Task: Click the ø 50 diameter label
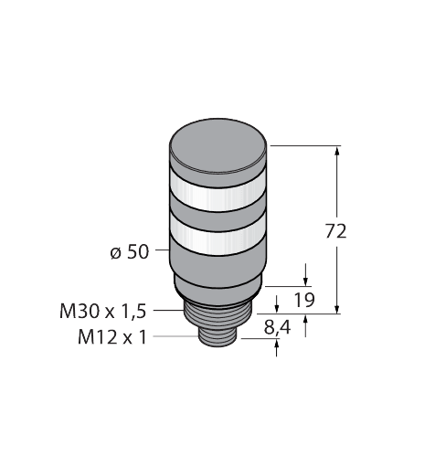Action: click(129, 251)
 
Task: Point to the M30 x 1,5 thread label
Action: click(102, 312)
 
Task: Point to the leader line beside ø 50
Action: click(161, 251)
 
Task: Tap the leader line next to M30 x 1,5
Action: click(169, 312)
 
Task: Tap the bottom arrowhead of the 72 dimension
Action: click(338, 308)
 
